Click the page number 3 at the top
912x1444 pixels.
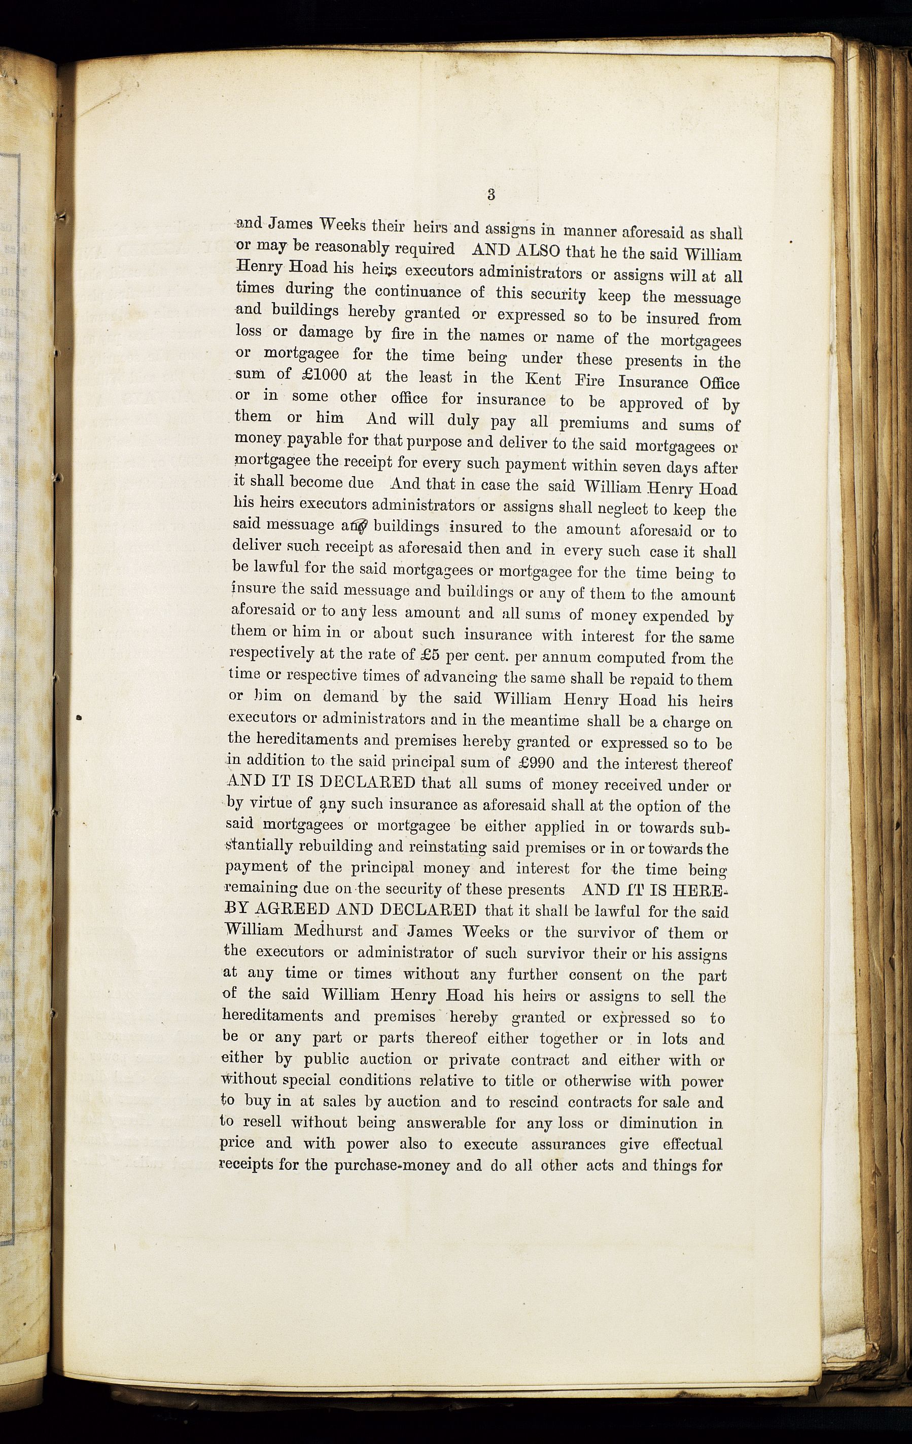click(491, 194)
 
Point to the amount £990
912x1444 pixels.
click(538, 763)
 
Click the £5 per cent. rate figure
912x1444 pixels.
click(417, 655)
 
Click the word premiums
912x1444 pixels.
click(594, 423)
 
